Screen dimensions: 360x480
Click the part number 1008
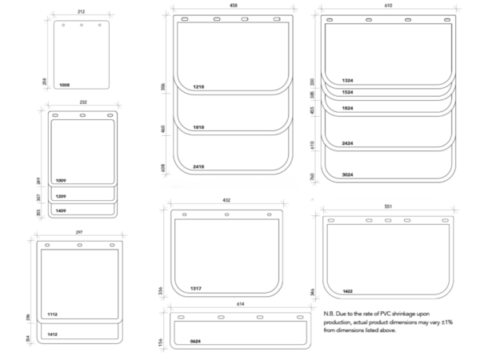click(x=65, y=84)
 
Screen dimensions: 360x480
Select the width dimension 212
click(x=82, y=11)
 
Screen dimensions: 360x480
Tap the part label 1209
click(x=61, y=196)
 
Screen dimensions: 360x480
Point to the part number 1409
click(x=61, y=210)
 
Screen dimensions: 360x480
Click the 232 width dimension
click(x=82, y=102)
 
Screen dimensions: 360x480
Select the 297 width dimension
click(x=78, y=232)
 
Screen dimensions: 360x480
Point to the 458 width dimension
click(x=233, y=6)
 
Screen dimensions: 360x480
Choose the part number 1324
click(x=346, y=80)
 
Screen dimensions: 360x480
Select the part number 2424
click(x=346, y=143)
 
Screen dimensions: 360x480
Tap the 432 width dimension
click(x=226, y=201)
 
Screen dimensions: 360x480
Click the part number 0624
click(x=195, y=341)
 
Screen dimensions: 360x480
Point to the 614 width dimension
click(x=239, y=305)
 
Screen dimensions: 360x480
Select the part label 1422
click(x=347, y=290)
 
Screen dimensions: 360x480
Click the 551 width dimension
click(x=389, y=206)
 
